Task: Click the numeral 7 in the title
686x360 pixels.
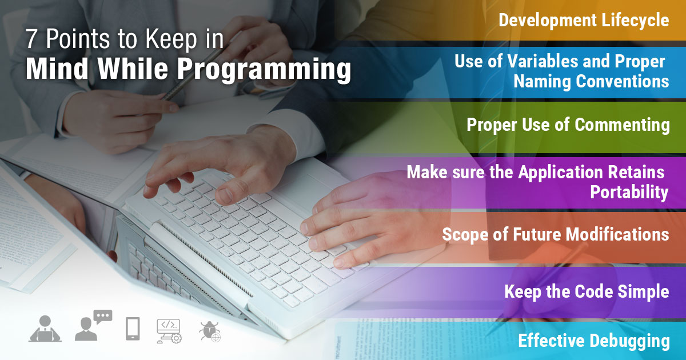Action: pos(32,41)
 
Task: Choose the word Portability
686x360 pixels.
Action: pos(629,193)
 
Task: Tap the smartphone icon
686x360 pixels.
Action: pos(133,329)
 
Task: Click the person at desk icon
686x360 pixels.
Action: pos(45,329)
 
